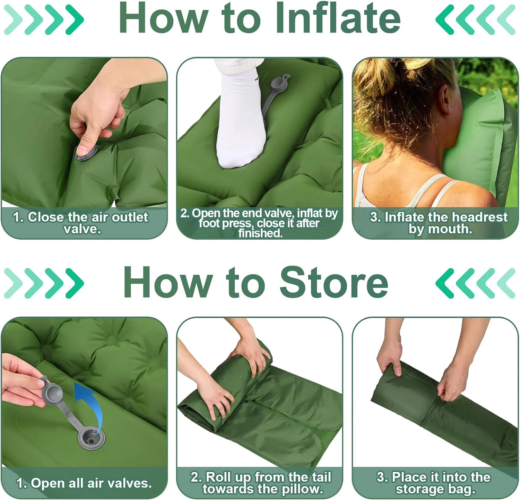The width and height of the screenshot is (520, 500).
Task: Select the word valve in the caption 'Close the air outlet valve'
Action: click(82, 230)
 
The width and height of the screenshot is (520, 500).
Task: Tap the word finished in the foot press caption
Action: click(260, 233)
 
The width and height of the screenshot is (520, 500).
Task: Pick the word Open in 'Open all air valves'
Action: click(45, 483)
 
